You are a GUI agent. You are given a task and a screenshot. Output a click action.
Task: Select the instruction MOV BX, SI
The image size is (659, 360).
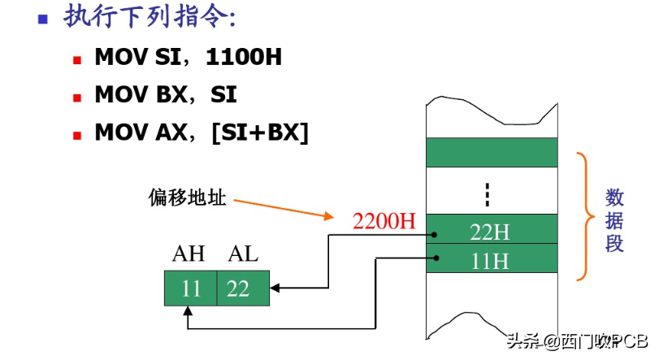166,94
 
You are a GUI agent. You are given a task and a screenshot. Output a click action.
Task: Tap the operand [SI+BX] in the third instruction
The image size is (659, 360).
260,132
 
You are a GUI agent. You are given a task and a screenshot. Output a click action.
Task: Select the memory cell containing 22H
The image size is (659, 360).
491,231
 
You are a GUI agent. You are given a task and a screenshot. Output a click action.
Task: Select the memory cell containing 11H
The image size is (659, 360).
491,261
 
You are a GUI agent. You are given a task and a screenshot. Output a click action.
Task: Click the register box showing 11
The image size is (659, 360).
190,288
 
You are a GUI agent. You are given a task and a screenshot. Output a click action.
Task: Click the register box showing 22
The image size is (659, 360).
242,288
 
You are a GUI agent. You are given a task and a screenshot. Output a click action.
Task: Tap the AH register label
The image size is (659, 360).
189,254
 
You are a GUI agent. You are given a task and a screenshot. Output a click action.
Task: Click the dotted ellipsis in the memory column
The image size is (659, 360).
488,194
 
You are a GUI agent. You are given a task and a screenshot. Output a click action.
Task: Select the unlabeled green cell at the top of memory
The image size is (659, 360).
491,152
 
